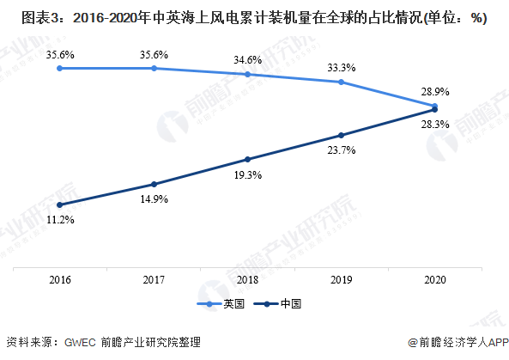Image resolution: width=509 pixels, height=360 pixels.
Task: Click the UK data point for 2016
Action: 60,68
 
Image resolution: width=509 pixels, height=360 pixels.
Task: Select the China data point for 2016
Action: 60,205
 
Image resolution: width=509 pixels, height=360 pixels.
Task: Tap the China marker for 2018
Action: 248,160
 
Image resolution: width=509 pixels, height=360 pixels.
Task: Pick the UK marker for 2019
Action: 341,82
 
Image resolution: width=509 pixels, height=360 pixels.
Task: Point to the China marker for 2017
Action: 155,184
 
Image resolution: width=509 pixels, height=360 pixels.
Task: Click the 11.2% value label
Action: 60,220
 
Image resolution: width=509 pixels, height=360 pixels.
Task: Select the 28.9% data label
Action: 435,92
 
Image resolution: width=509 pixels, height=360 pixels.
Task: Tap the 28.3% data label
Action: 435,124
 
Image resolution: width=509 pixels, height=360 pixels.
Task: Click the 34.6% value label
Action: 248,60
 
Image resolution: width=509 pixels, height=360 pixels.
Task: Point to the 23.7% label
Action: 341,150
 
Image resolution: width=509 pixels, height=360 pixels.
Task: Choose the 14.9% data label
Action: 155,198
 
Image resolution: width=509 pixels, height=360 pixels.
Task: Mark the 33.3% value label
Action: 341,68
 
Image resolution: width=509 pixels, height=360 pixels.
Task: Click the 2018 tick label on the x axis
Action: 248,280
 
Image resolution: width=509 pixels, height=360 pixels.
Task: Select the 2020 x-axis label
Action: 435,280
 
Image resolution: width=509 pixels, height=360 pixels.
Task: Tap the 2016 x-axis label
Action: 60,280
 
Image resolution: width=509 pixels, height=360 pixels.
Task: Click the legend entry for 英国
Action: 221,304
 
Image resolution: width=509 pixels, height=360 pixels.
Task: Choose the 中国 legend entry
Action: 278,304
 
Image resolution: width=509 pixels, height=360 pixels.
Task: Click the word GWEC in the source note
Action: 80,343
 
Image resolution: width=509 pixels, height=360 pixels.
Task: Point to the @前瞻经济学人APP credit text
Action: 458,343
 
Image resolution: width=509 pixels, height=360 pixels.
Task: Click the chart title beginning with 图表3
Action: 254,18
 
